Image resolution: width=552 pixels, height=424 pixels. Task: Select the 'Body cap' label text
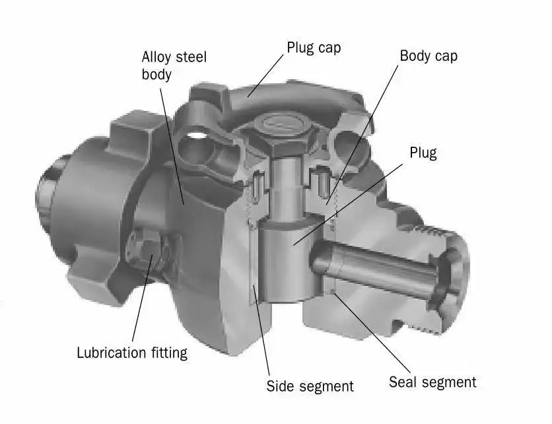click(x=429, y=55)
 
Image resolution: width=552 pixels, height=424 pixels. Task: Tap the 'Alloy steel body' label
click(x=174, y=65)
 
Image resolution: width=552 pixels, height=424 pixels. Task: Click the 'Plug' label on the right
click(x=423, y=153)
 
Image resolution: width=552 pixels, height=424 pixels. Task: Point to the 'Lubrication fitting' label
click(x=132, y=352)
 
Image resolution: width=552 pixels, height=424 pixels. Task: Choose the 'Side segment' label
click(x=310, y=386)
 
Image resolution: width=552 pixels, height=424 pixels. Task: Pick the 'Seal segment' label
click(x=432, y=382)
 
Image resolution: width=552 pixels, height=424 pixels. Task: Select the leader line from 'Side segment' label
click(x=261, y=330)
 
